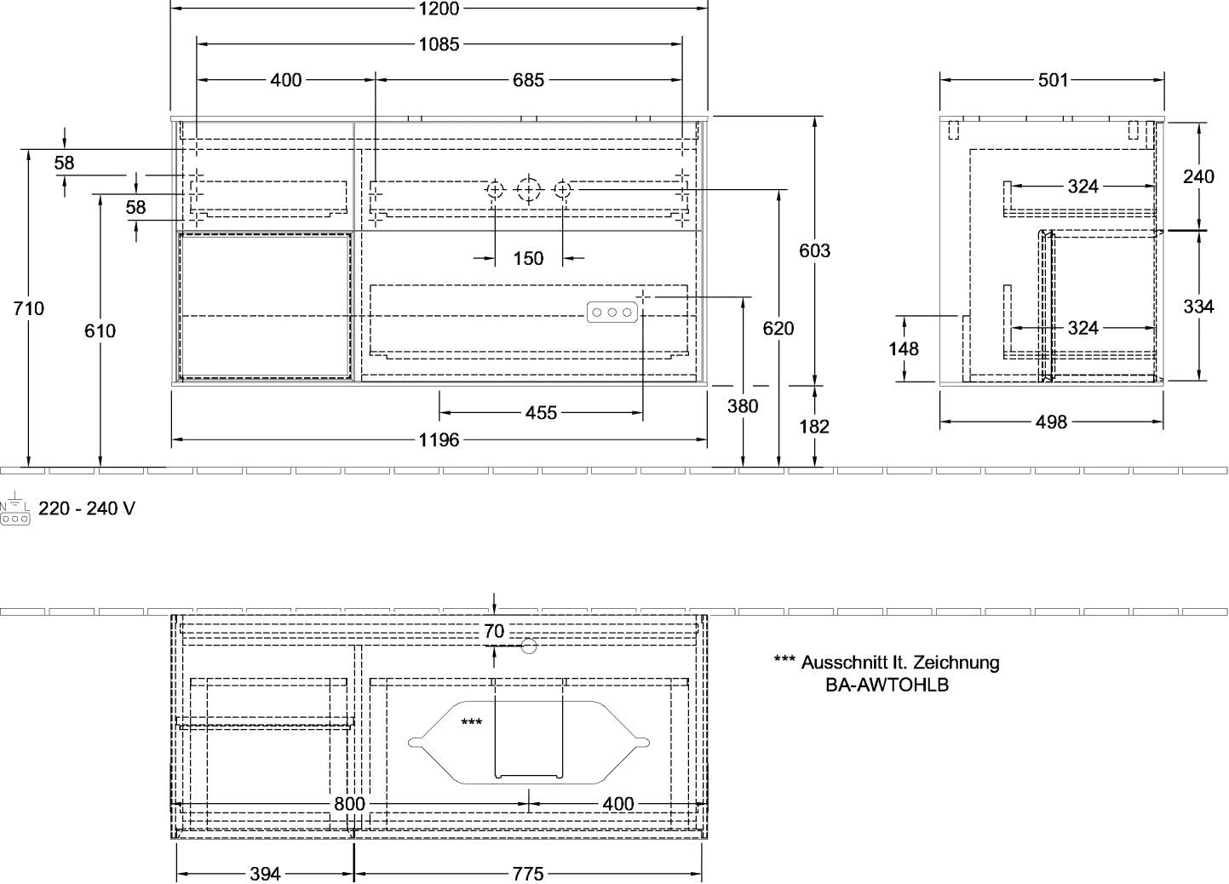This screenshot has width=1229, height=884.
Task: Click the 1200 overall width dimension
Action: pyautogui.click(x=439, y=9)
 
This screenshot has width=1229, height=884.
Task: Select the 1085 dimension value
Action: pyautogui.click(x=439, y=44)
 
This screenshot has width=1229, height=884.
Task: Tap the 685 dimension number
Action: pyautogui.click(x=528, y=80)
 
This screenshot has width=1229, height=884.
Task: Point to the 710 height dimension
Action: pyautogui.click(x=28, y=308)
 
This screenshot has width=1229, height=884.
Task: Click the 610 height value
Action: pyautogui.click(x=100, y=331)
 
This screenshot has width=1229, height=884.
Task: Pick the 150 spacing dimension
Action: pyautogui.click(x=528, y=258)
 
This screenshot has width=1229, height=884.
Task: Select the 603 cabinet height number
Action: pyautogui.click(x=815, y=250)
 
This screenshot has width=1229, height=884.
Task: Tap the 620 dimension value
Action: pyautogui.click(x=778, y=329)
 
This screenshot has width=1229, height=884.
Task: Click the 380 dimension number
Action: pyautogui.click(x=743, y=406)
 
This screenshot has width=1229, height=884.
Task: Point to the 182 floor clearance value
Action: pyautogui.click(x=814, y=427)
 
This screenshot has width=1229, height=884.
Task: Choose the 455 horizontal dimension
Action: pyautogui.click(x=541, y=413)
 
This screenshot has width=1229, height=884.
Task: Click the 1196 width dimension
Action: pyautogui.click(x=439, y=439)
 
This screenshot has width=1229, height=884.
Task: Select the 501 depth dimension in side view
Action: pyautogui.click(x=1054, y=80)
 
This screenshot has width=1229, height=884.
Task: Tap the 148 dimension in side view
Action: pyautogui.click(x=904, y=348)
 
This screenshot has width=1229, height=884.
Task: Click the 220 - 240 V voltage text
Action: pyautogui.click(x=87, y=508)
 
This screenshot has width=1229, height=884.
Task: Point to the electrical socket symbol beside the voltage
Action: pyautogui.click(x=14, y=508)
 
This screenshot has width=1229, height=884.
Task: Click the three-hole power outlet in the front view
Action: pyautogui.click(x=612, y=313)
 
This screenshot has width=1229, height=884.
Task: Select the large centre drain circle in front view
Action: pyautogui.click(x=528, y=190)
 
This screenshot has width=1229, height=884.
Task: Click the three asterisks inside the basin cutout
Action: pyautogui.click(x=471, y=722)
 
